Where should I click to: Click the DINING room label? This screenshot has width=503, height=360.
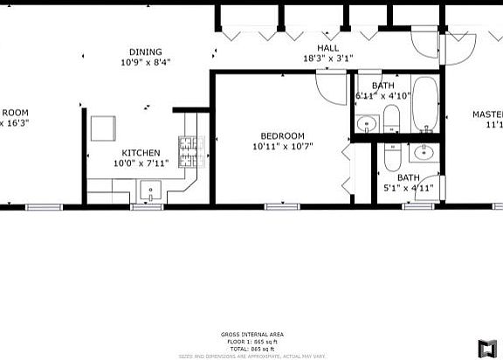(x=146, y=52)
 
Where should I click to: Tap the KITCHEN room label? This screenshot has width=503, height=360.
(x=141, y=153)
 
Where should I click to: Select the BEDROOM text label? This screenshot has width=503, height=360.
(x=282, y=135)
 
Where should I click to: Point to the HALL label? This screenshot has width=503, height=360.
(x=327, y=48)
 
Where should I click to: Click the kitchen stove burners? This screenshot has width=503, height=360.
(x=189, y=152)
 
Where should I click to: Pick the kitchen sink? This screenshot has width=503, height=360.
(x=149, y=190)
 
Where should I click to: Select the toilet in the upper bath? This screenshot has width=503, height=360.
(x=390, y=118)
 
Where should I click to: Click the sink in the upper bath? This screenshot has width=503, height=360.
(x=367, y=123)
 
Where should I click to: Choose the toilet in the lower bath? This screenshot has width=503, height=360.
(x=394, y=157)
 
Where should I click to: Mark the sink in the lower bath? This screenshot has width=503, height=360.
(x=424, y=154)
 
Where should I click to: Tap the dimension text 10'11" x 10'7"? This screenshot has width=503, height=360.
(x=282, y=146)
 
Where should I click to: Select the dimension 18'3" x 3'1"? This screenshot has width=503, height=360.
(x=327, y=59)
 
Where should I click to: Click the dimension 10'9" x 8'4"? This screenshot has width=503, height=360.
(x=146, y=62)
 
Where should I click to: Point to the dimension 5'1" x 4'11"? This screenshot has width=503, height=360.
(x=409, y=187)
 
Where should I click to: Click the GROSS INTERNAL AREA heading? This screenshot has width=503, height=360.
(x=251, y=335)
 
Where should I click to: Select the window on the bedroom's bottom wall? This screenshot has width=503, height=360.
(x=276, y=206)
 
